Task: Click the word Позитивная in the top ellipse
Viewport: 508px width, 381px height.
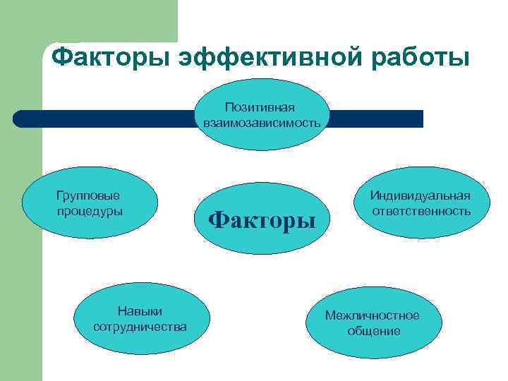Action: point(260,107)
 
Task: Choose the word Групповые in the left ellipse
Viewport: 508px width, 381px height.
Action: point(87,195)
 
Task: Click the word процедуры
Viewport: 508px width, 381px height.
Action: point(87,211)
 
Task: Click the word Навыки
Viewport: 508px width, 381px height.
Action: point(140,311)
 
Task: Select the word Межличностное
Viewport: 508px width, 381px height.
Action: point(372,315)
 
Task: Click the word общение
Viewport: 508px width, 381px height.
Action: point(373,331)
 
